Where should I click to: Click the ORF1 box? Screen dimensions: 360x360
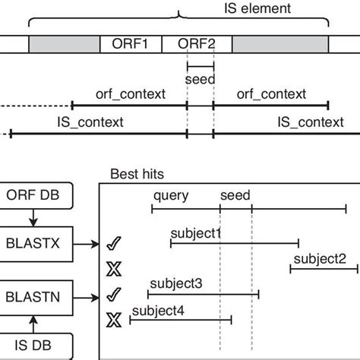click(x=131, y=44)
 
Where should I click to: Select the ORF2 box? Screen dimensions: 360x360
click(x=197, y=44)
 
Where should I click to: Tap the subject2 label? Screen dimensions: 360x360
click(x=320, y=259)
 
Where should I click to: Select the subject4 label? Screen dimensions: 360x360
click(x=157, y=310)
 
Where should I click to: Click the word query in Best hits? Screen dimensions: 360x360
click(x=171, y=195)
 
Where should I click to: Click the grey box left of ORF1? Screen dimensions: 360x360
click(x=65, y=44)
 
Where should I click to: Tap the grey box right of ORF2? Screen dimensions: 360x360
click(x=280, y=44)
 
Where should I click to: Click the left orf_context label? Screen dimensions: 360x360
click(x=129, y=94)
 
